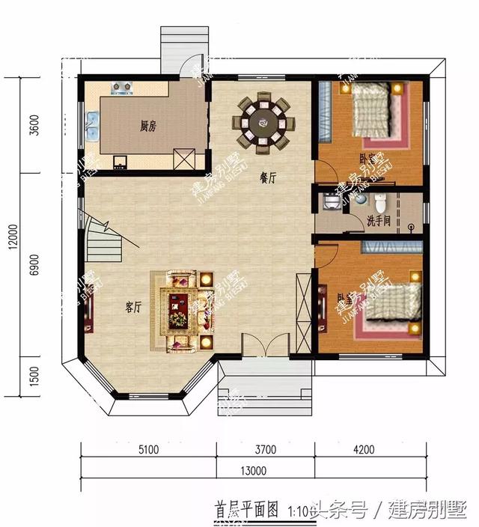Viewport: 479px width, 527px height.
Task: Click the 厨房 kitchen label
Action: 148,126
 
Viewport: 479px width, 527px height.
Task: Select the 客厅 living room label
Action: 135,305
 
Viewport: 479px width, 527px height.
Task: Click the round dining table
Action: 263,121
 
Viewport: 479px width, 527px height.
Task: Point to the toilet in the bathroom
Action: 381,202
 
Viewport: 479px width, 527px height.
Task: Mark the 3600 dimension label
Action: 31,124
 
